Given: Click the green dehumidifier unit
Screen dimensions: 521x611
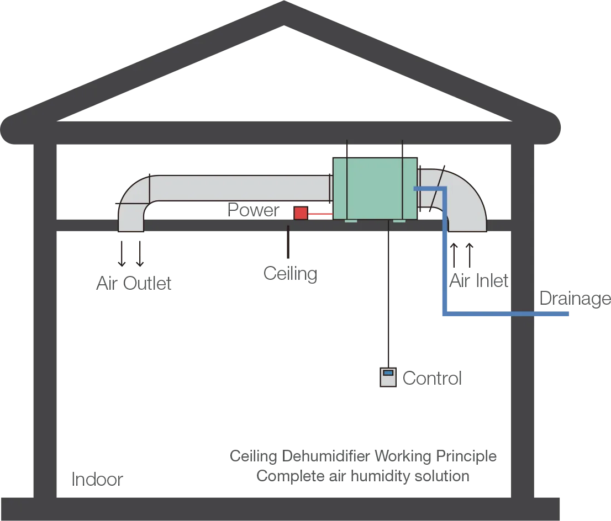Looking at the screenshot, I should click(373, 188).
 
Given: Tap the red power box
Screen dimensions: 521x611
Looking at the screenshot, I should click(301, 212).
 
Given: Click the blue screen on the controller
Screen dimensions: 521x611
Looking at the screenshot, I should click(388, 373).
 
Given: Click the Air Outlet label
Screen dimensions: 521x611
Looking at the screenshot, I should click(133, 283).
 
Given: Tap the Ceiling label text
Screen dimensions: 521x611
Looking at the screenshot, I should click(289, 274).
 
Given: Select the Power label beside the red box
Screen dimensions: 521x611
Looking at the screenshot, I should click(252, 210).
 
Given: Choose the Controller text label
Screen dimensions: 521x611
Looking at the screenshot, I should click(433, 379).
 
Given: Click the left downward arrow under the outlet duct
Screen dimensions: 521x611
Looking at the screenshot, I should click(122, 251).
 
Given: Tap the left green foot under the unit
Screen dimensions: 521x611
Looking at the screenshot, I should click(351, 222).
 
